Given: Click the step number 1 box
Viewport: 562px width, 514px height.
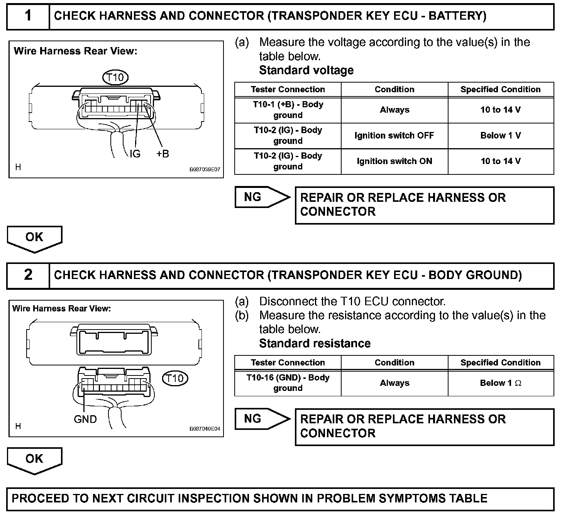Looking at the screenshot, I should click(x=28, y=16).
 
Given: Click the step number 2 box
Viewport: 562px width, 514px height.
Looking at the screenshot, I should click(x=28, y=275).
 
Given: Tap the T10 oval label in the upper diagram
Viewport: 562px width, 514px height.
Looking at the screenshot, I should click(x=115, y=78).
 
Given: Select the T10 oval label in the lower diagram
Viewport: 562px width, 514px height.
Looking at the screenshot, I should click(x=175, y=378).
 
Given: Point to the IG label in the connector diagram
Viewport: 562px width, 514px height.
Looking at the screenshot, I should click(x=135, y=154).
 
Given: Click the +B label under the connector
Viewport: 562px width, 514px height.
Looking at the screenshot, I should click(x=163, y=154).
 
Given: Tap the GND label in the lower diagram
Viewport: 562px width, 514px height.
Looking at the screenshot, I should click(x=85, y=419).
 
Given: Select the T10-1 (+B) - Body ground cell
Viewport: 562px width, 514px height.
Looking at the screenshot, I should click(x=288, y=110).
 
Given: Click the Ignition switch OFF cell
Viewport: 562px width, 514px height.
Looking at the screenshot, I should click(x=394, y=135).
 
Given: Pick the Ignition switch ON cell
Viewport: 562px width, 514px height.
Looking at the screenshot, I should click(x=394, y=161).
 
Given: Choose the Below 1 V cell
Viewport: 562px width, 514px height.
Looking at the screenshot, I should click(x=501, y=135).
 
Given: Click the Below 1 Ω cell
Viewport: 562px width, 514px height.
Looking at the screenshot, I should click(x=501, y=383).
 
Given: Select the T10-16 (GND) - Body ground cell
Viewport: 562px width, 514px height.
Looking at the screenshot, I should click(x=288, y=383).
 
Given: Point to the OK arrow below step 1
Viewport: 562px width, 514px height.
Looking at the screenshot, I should click(x=34, y=238).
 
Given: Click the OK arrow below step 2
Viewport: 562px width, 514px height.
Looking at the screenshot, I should click(x=34, y=459).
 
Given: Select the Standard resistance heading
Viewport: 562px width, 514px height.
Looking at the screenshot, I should click(x=315, y=343).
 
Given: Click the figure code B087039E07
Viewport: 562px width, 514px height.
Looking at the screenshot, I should click(x=205, y=169).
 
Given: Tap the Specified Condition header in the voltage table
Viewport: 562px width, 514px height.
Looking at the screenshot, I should click(x=501, y=90).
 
